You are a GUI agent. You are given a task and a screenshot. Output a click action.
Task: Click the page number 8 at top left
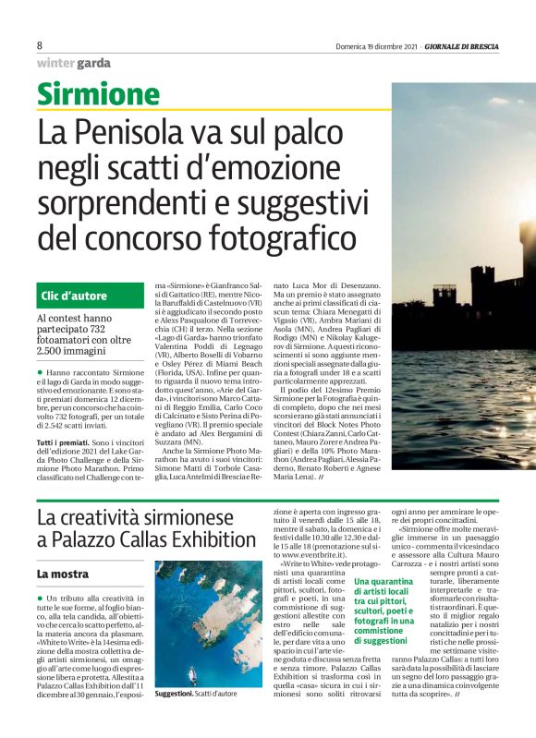click(x=40, y=45)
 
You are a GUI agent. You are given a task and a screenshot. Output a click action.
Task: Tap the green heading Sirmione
click(x=98, y=94)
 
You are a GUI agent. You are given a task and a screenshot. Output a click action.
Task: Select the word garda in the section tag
click(x=93, y=63)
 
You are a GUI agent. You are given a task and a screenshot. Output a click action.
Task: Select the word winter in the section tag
click(x=56, y=63)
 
